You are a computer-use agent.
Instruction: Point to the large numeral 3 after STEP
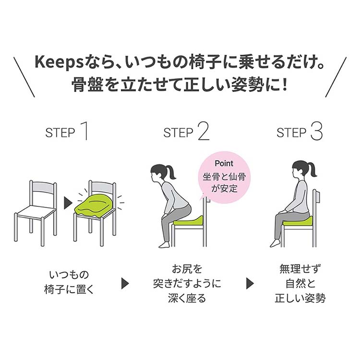point(316,131)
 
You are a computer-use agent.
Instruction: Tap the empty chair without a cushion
point(36,211)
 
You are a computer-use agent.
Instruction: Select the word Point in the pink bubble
point(224,163)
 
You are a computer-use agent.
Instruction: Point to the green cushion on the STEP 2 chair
point(189,221)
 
